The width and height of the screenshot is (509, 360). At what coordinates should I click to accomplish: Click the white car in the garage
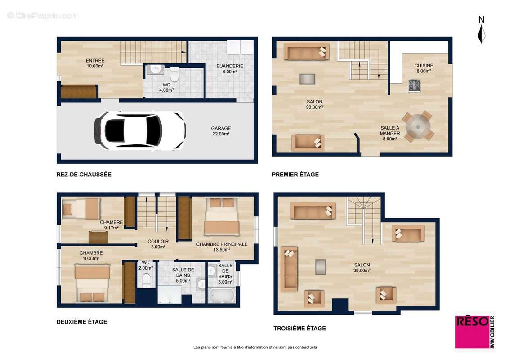coord(140,130)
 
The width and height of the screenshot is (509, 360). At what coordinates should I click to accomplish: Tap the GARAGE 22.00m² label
coord(221,131)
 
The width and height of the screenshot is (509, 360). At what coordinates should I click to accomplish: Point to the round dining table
coord(418,127)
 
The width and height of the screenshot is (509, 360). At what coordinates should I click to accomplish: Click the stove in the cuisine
coord(414,85)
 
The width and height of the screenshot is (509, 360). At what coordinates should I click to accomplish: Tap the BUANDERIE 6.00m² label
coord(229,68)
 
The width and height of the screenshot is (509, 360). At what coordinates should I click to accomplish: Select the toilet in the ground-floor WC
coord(174,74)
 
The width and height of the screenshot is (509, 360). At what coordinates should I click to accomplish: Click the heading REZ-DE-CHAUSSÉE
coord(84,175)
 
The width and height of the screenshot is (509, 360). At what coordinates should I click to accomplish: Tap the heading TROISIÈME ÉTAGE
coord(299,328)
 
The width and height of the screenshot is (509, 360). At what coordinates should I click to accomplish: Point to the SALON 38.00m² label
coord(362,268)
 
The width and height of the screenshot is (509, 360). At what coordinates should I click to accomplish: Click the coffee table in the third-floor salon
coord(320,266)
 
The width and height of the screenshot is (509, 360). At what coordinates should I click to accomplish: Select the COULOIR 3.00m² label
coord(158,244)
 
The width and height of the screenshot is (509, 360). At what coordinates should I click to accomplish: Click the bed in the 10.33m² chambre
coord(92,283)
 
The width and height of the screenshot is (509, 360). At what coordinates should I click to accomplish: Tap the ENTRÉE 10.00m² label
coord(95,63)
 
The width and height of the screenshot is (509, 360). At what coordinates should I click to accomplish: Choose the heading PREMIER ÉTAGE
coord(295,175)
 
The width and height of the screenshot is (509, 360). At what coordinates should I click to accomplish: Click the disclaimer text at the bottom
coord(255,347)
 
